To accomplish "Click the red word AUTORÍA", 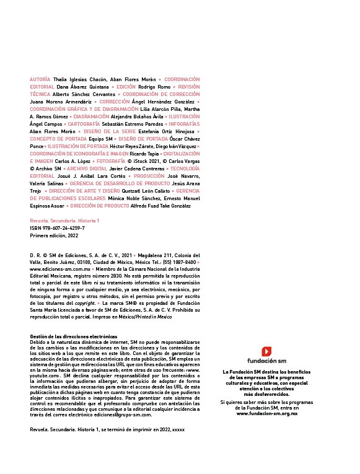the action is [40, 79].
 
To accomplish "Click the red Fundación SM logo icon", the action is [266, 351].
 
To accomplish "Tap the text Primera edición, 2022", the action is [54, 235].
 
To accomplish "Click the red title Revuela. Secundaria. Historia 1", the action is [64, 221].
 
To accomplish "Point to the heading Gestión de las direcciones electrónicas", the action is [74, 336].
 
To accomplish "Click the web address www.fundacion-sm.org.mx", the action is [267, 413].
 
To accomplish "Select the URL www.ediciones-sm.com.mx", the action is [60, 269].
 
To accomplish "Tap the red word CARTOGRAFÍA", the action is [84, 124].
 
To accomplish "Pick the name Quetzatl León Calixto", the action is [146, 191].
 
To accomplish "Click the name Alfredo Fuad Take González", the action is [160, 206].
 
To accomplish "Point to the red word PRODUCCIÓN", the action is [149, 176].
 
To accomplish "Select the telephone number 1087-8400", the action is [185, 262].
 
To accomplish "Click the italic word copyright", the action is [85, 303].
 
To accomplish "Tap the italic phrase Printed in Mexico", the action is [154, 317].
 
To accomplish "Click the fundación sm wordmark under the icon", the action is [266, 361].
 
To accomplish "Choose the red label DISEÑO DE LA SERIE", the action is [110, 131].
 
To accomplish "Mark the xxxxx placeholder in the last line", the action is [178, 429].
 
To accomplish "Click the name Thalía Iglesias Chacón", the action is [80, 79].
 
